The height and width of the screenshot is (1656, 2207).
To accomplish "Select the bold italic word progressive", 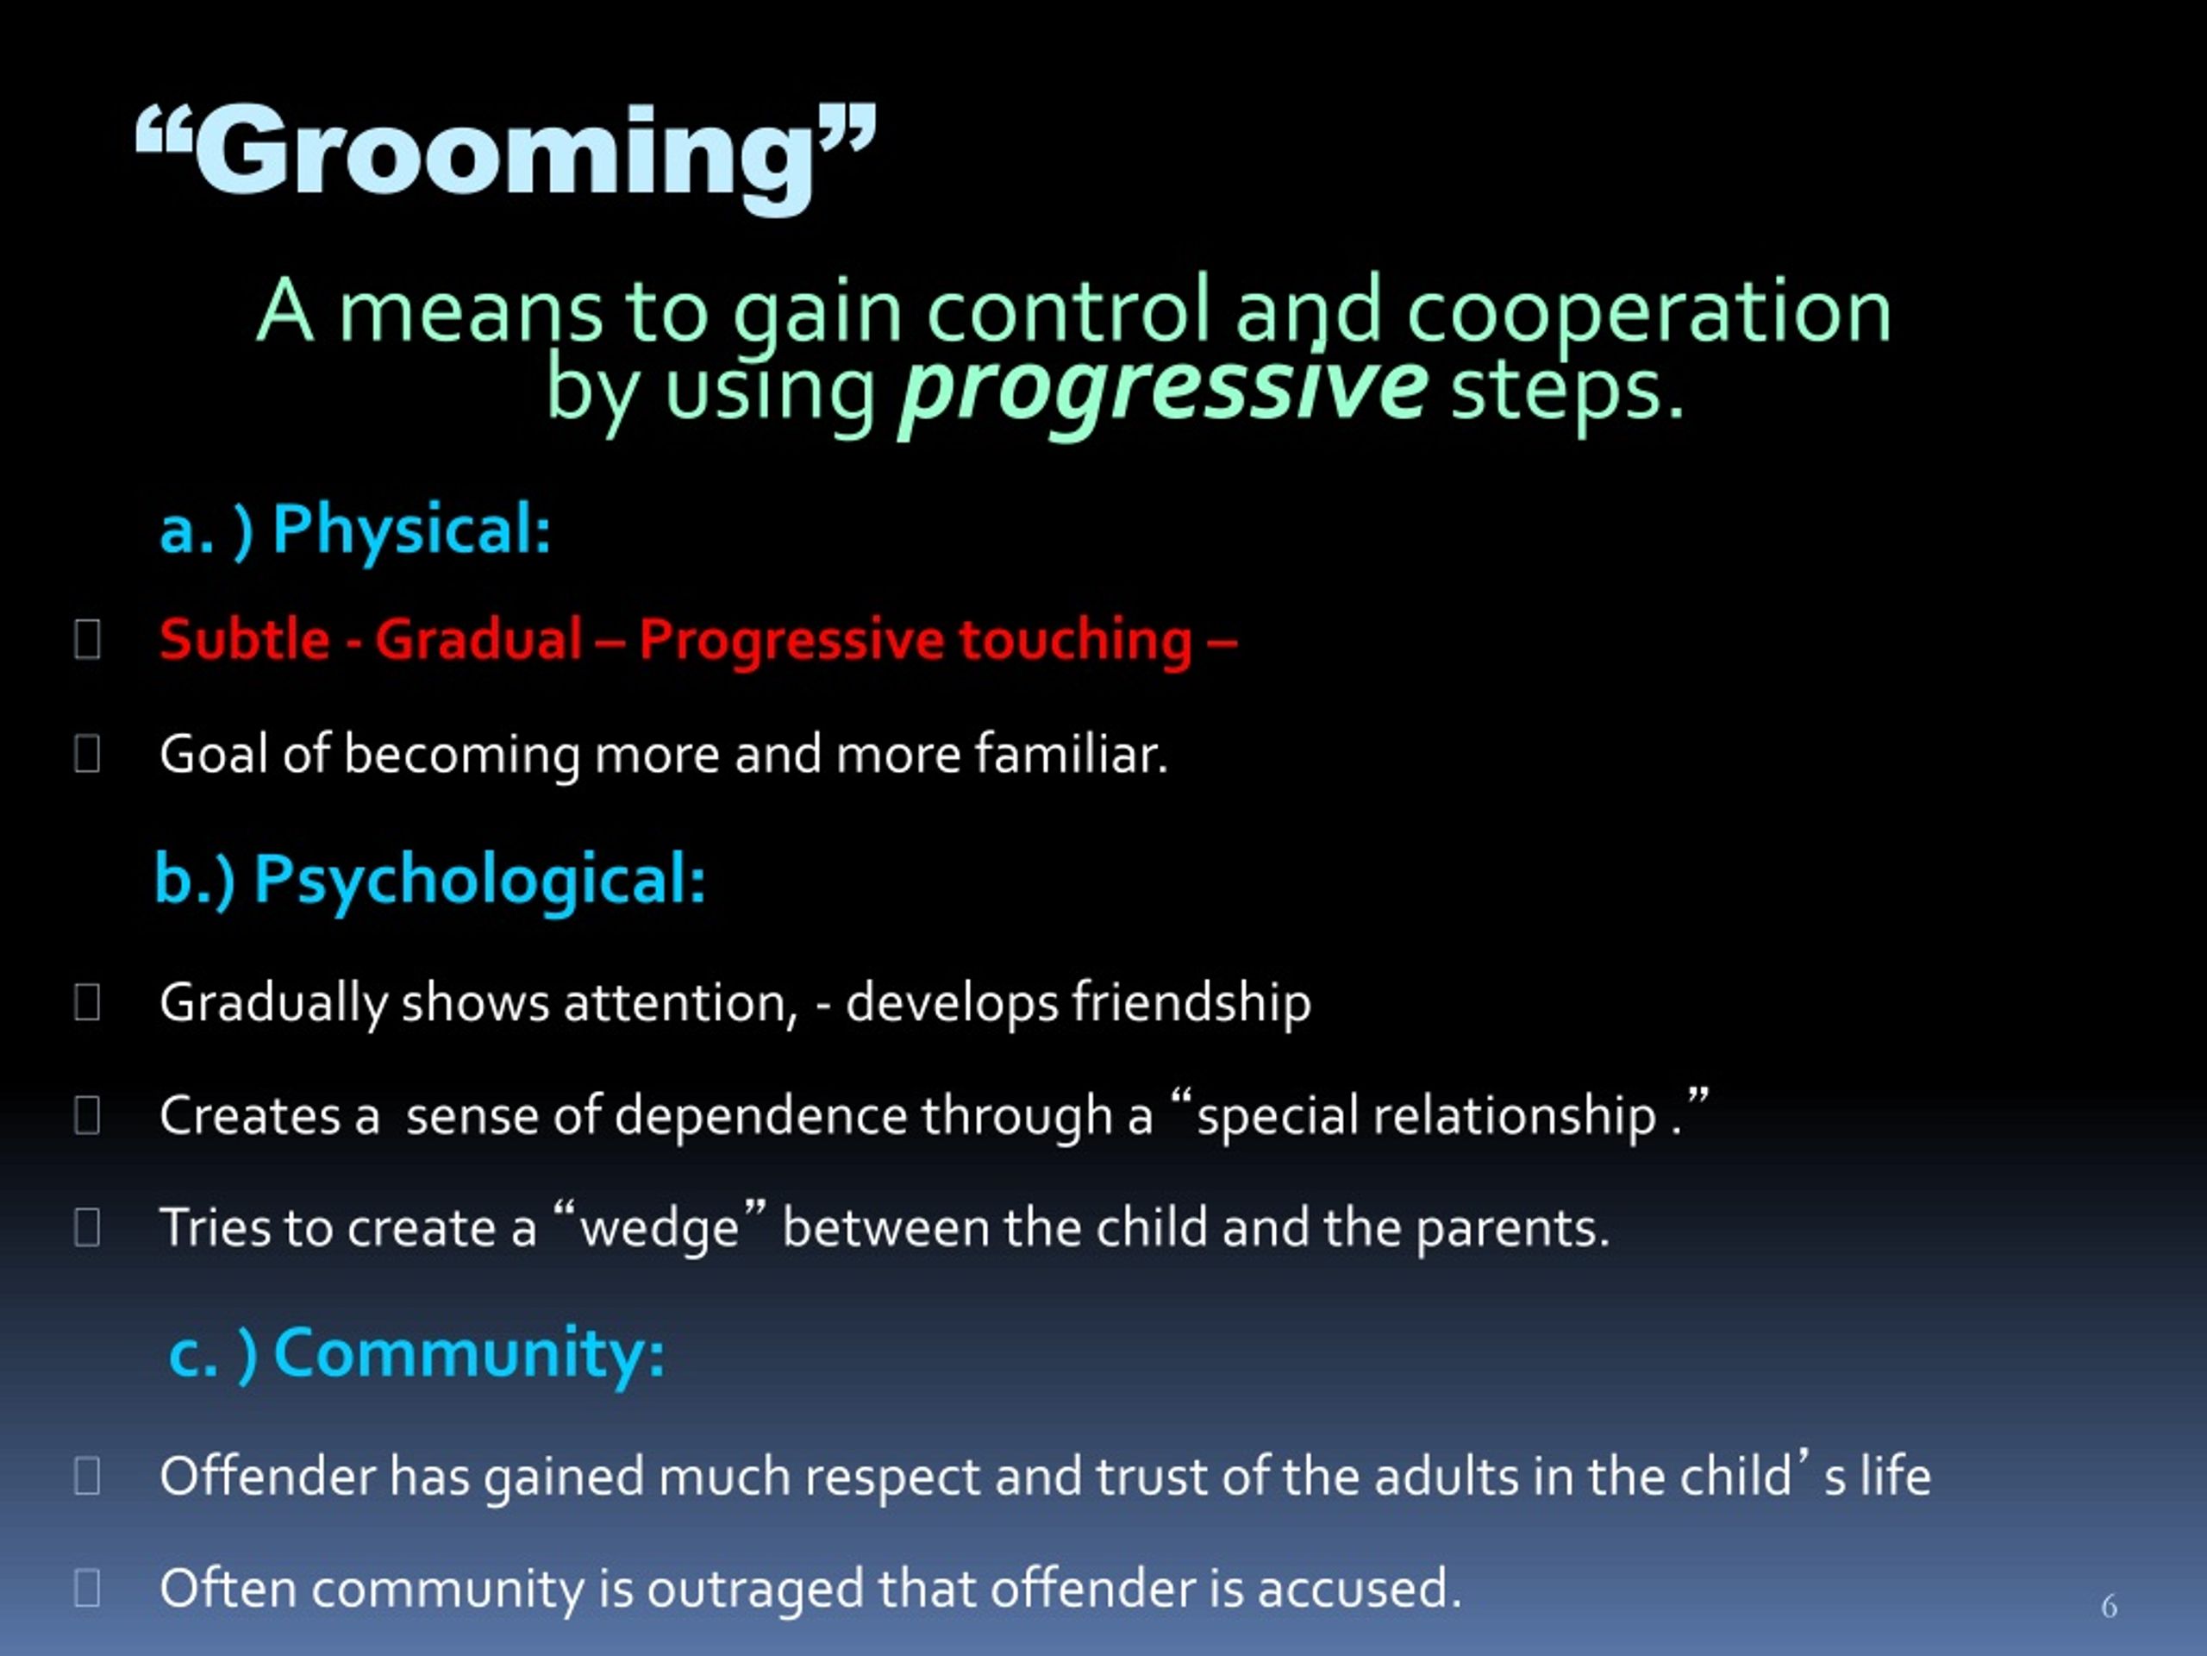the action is (x=1163, y=389).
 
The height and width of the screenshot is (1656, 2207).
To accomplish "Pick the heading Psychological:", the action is (x=480, y=881).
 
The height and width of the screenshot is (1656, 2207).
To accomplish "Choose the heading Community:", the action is (x=469, y=1354).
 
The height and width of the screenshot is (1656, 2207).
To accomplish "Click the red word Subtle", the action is (x=245, y=639).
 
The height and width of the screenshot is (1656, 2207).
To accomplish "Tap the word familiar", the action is (x=1071, y=754).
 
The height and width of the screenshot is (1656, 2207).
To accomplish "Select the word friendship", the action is (x=1191, y=1003).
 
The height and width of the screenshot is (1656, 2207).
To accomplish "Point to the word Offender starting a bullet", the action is (x=267, y=1477).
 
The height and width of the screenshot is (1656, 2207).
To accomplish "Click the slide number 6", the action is (x=2108, y=1606).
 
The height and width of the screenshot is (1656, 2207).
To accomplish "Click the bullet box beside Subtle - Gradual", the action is (x=88, y=640).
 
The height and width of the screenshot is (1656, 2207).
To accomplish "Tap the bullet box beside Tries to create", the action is (x=88, y=1228).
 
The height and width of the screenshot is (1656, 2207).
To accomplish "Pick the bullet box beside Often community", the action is (x=88, y=1588).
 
